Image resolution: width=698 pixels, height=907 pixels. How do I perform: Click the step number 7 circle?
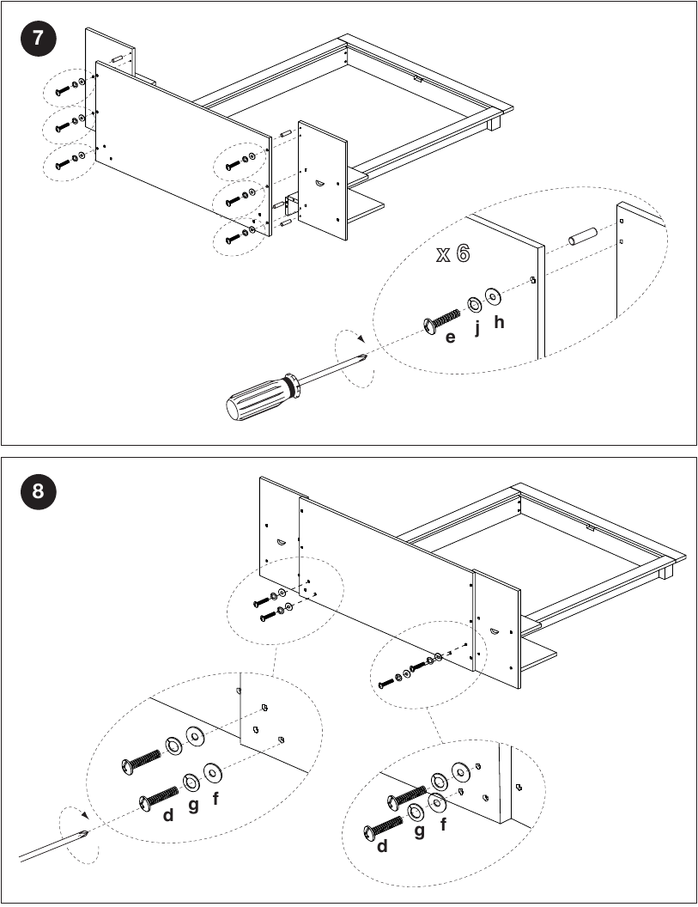click(x=38, y=38)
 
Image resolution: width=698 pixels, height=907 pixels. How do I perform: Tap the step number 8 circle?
click(x=38, y=491)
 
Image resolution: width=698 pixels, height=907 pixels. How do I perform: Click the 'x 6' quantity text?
click(x=453, y=253)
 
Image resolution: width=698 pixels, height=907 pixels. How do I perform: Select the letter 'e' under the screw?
click(x=450, y=338)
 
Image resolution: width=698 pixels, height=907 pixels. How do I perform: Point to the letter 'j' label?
click(x=477, y=328)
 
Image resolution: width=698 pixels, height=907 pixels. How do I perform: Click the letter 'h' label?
click(x=499, y=321)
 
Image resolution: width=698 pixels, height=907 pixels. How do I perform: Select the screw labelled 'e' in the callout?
click(x=441, y=322)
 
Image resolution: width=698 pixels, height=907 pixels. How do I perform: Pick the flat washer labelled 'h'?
click(x=493, y=296)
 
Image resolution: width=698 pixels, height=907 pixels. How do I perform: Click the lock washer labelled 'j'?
click(x=475, y=303)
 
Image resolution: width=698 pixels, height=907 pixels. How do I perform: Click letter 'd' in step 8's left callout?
click(x=167, y=815)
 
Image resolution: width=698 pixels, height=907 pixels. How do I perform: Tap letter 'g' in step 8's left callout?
click(x=193, y=805)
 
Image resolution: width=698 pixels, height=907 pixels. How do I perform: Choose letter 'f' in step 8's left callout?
click(x=215, y=798)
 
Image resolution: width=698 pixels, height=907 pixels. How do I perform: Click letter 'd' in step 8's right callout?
click(x=382, y=846)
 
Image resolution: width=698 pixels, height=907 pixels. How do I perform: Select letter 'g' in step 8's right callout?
click(x=419, y=831)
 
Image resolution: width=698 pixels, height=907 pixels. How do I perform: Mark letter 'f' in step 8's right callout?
click(x=444, y=823)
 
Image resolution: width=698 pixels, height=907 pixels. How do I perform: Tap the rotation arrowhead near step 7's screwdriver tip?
click(x=361, y=339)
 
